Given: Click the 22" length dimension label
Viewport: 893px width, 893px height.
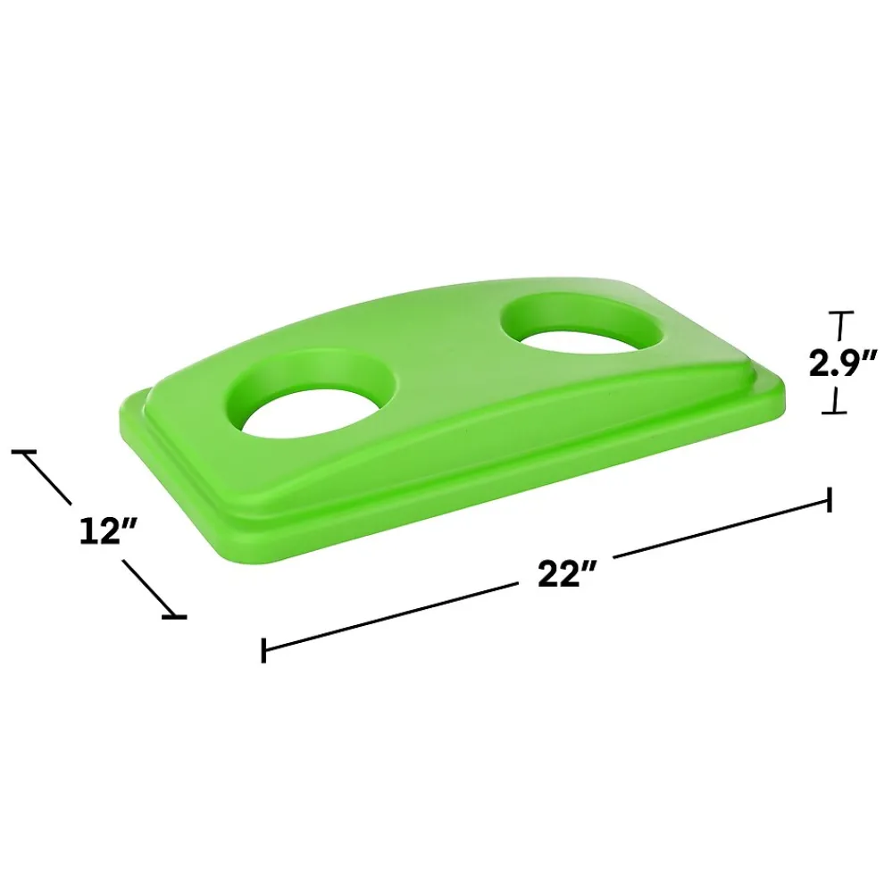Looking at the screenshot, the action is [566, 573].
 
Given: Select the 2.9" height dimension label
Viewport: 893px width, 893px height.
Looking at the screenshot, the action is [843, 363].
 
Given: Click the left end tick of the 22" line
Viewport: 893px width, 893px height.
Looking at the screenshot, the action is [263, 650].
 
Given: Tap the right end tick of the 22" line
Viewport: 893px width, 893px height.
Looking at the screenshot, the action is [830, 499].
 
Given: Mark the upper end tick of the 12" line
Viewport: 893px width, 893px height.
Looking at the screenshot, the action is [24, 452].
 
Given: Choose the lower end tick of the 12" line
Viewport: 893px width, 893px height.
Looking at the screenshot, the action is [174, 616].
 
